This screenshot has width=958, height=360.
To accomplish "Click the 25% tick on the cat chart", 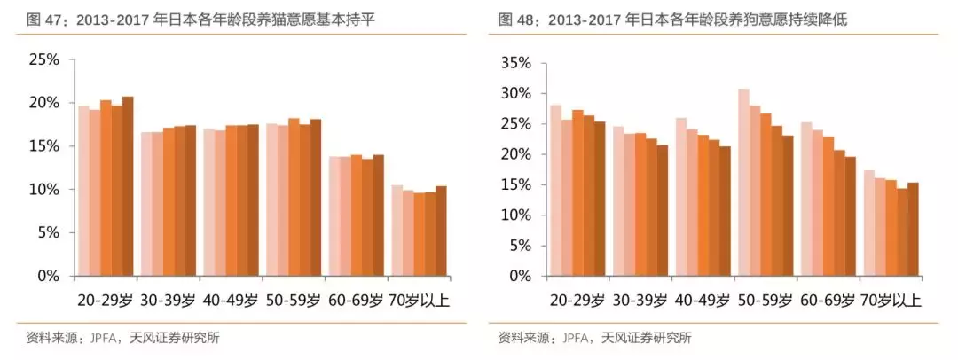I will [43, 59].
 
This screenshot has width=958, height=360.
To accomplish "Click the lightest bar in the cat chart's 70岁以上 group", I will [397, 231].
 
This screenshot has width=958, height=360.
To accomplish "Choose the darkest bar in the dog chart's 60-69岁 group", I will [850, 216].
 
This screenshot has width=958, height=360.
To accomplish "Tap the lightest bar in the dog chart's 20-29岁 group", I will [555, 190].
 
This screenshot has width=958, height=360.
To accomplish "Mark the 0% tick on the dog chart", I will [516, 276].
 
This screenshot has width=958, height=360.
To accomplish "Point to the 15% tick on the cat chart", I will [43, 145].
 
